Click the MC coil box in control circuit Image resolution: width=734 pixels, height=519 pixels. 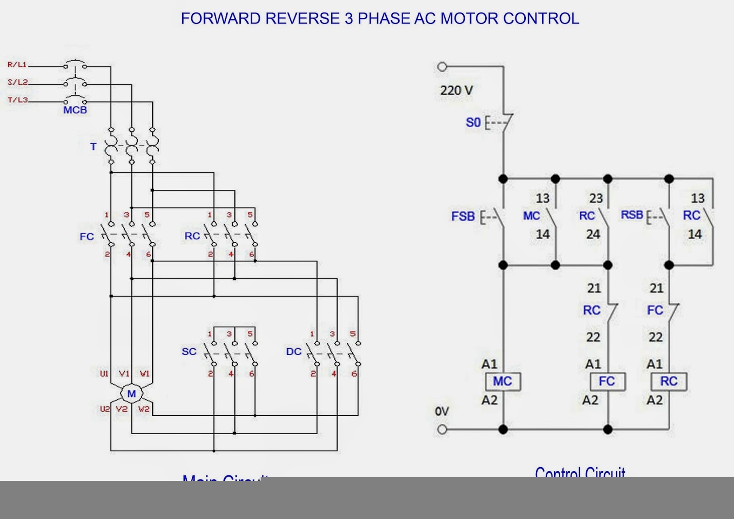pyautogui.click(x=503, y=381)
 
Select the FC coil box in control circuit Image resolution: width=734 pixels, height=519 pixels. pyautogui.click(x=607, y=381)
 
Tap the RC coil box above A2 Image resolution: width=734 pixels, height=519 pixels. pyautogui.click(x=669, y=381)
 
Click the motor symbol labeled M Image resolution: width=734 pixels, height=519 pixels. pyautogui.click(x=132, y=394)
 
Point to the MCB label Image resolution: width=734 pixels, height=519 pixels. pyautogui.click(x=75, y=110)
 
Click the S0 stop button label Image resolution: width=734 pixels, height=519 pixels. pyautogui.click(x=473, y=123)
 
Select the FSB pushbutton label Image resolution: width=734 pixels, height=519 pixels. pyautogui.click(x=463, y=216)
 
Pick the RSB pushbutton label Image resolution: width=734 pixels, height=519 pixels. pyautogui.click(x=632, y=215)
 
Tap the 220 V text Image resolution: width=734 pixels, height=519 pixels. pyautogui.click(x=456, y=90)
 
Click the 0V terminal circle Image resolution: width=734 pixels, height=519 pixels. pyautogui.click(x=442, y=430)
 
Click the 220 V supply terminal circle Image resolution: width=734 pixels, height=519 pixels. pyautogui.click(x=442, y=67)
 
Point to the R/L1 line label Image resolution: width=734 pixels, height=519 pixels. pyautogui.click(x=17, y=65)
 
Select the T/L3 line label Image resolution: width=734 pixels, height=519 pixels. pyautogui.click(x=18, y=100)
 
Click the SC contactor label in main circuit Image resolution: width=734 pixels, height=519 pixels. pyautogui.click(x=189, y=352)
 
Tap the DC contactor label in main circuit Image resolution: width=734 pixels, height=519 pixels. pyautogui.click(x=294, y=352)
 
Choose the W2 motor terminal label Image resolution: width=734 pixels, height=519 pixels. pyautogui.click(x=144, y=409)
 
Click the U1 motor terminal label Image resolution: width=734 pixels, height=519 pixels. pyautogui.click(x=105, y=374)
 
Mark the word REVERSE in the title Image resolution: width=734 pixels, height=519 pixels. pyautogui.click(x=302, y=19)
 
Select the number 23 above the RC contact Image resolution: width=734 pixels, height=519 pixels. pyautogui.click(x=596, y=198)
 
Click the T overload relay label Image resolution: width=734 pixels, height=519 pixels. pyautogui.click(x=94, y=147)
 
